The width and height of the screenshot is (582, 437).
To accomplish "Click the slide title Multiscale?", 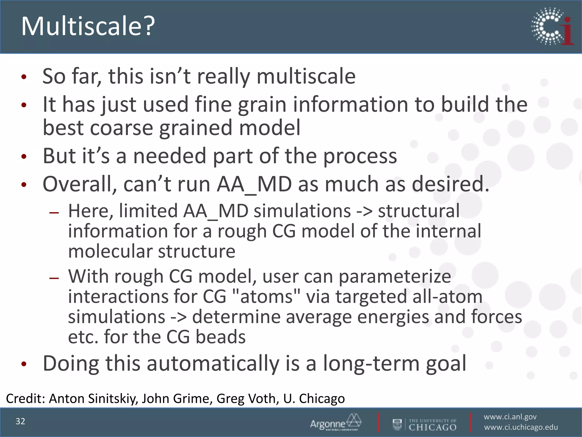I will pos(88,26).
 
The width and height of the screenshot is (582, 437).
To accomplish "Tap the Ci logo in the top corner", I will pos(552,26).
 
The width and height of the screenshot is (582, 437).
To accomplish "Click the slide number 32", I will pos(20,421).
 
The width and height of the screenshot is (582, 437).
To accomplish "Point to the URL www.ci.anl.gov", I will pos(510,417).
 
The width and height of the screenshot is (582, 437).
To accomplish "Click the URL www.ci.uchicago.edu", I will pos(521,427).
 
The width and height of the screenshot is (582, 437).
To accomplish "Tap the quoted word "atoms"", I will pos(266,296).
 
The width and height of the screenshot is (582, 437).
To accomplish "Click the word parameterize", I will pos(395,276).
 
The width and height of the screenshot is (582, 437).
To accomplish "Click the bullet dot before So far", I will pos(24,77).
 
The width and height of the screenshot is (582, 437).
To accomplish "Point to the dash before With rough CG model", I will pos(54,278).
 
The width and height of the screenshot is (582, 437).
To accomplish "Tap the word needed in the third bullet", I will pos(170,156).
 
